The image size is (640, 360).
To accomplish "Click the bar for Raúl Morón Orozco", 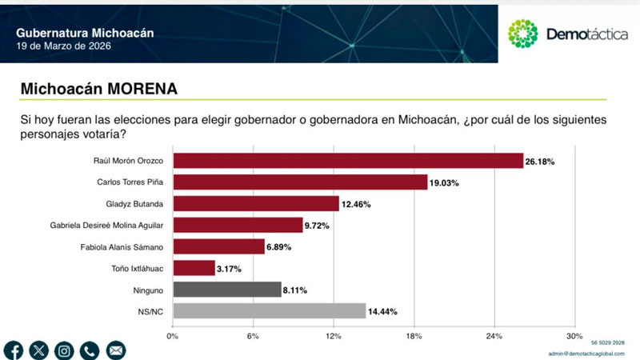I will pos(348,161).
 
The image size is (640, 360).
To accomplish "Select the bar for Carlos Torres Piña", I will pos(300,182).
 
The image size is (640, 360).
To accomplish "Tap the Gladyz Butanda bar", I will pos(256,204).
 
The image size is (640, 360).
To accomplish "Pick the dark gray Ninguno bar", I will pos(226,290).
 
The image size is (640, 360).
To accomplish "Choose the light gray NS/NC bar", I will pos(269,311).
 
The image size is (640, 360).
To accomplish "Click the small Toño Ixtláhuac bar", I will pos(194,268).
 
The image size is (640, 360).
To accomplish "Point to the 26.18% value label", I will pos(540,162).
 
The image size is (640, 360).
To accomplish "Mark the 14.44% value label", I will pos(382,311).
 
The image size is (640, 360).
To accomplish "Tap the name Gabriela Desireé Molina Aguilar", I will pos(106,226).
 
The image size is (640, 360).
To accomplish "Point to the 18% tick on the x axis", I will pos(414,335).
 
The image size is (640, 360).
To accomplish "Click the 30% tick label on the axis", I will pos(574,335).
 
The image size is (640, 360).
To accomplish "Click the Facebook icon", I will pos(14,350).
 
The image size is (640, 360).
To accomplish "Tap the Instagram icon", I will pos(64,350).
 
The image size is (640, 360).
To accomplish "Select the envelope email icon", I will pos(115,350).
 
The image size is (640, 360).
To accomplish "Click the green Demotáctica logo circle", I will pos(523,34).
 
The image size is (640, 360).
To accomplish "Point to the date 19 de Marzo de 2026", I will pos(64,46).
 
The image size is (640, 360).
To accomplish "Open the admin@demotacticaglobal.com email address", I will pos(590,353).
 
